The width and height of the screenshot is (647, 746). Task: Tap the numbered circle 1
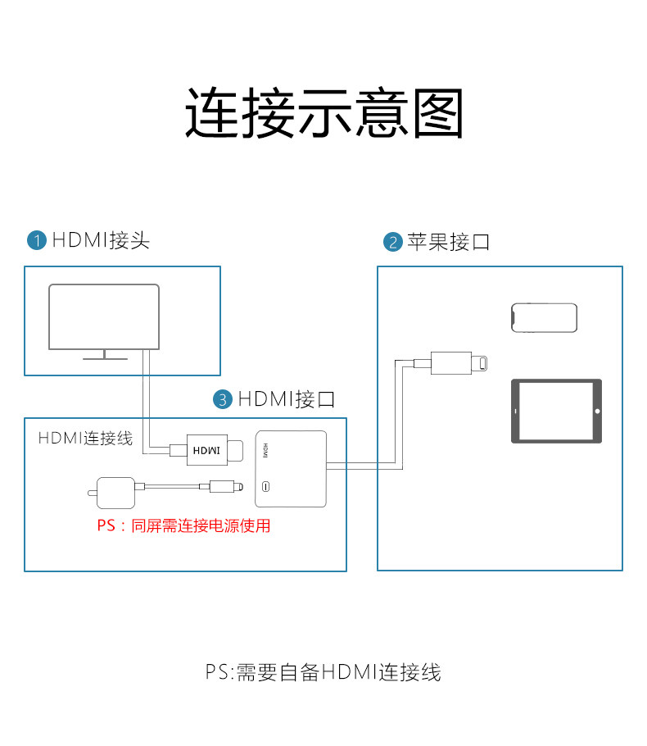coord(37,240)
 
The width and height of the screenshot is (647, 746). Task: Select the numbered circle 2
coord(392,242)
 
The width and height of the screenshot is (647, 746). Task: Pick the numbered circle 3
coord(223,400)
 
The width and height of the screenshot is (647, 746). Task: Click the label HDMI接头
coord(101,240)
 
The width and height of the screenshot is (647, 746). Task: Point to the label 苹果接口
coord(448,242)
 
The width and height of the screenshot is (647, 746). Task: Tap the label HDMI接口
coord(287,399)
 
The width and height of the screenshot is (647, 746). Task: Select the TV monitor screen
coord(103,316)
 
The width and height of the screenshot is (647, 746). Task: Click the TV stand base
coord(103,357)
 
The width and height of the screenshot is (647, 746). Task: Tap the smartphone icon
coord(544,316)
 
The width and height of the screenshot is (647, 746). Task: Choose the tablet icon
coord(556,411)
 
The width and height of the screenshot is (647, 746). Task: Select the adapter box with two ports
coord(291,468)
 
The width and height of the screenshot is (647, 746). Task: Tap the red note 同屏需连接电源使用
coord(183,525)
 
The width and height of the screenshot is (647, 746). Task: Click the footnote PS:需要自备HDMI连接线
coord(323,673)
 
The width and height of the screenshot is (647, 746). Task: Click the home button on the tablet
coord(597,411)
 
